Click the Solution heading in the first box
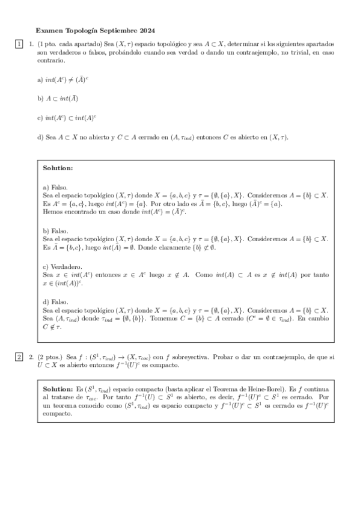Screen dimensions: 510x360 click(x=58, y=168)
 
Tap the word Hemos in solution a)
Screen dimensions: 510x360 click(x=52, y=212)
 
